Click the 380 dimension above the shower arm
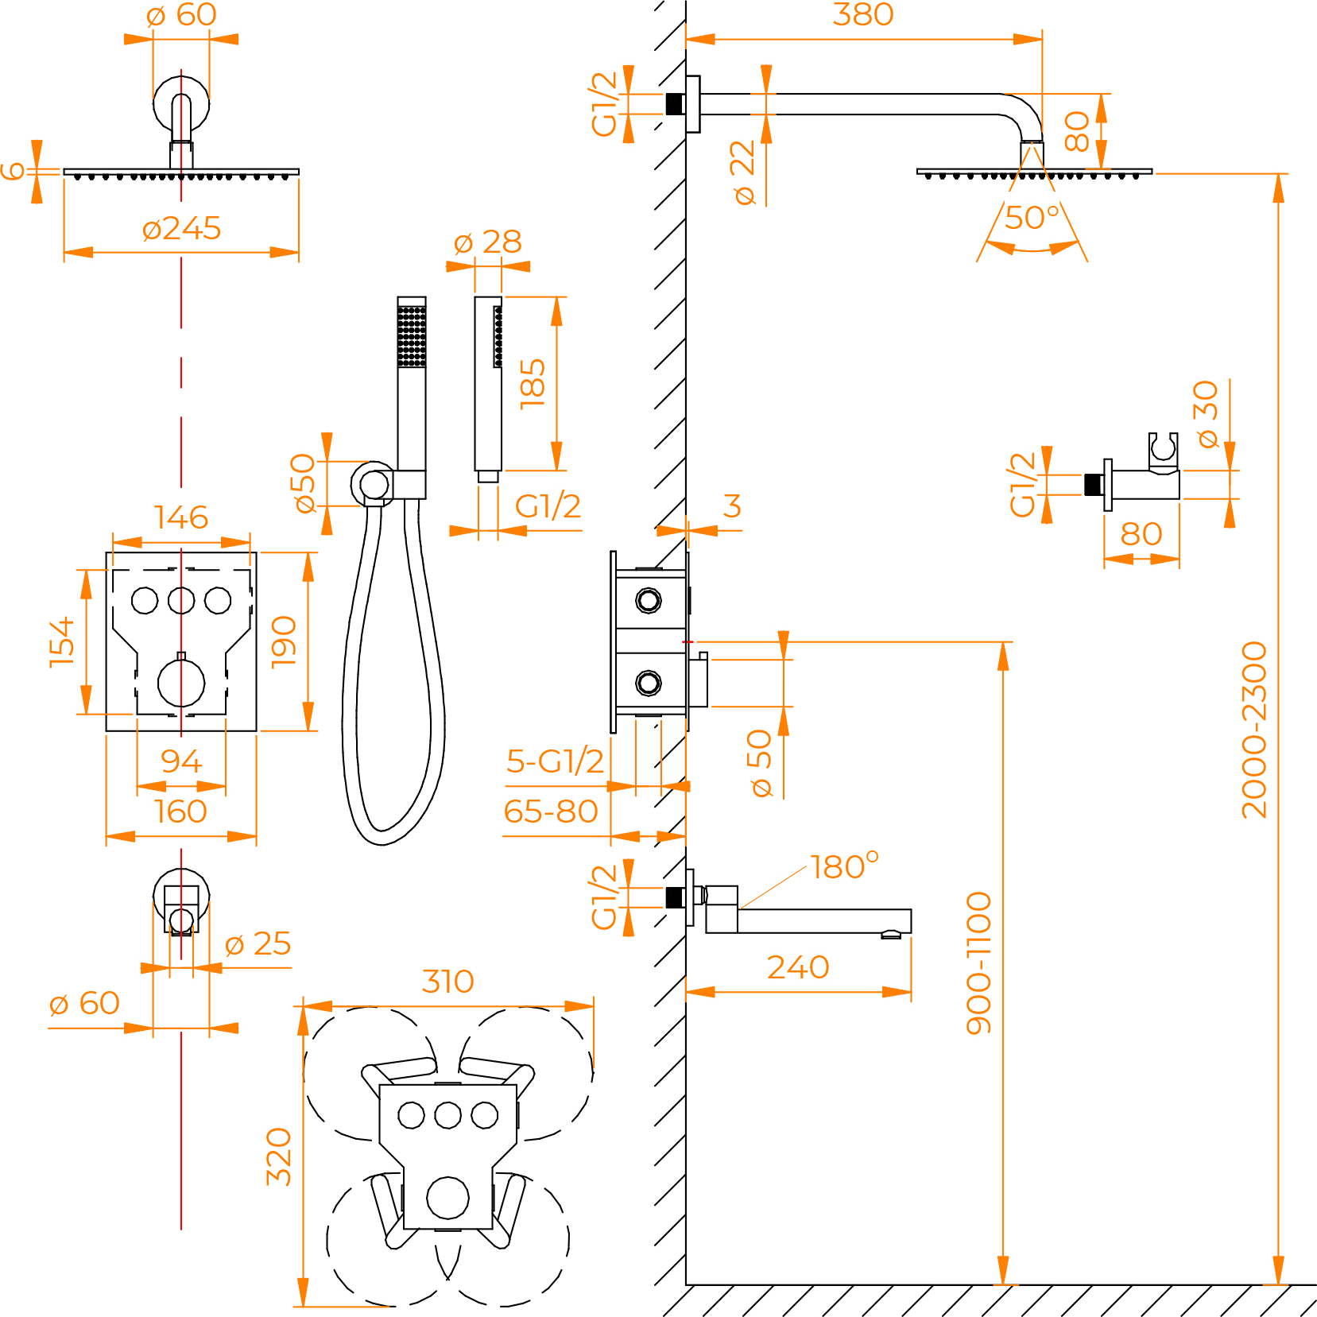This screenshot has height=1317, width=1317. [x=862, y=14]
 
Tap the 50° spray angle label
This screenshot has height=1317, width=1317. [x=1032, y=218]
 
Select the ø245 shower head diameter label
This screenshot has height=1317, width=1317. [x=181, y=229]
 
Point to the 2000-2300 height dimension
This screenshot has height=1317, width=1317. [x=1255, y=730]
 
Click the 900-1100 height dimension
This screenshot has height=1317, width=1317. [x=979, y=963]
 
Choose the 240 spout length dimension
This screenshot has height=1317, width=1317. [x=798, y=967]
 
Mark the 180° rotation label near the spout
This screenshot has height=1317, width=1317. [x=844, y=866]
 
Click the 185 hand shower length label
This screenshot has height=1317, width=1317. [x=533, y=384]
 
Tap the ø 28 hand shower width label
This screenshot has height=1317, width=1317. [x=487, y=242]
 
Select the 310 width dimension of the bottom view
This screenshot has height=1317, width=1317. [x=447, y=982]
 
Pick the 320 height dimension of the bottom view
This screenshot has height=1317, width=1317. [x=279, y=1156]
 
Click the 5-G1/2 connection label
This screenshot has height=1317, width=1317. [x=555, y=761]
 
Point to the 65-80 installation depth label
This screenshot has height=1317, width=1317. [x=550, y=812]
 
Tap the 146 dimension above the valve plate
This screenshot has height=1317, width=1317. [x=181, y=517]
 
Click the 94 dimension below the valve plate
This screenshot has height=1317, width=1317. [x=181, y=761]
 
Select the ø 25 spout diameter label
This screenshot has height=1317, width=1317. [x=258, y=944]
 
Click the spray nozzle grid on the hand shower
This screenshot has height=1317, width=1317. [x=412, y=335]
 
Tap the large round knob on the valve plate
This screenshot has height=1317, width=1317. [x=181, y=683]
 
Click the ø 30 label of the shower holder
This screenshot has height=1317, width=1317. [x=1207, y=414]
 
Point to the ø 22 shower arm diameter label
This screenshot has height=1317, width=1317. [x=743, y=172]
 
